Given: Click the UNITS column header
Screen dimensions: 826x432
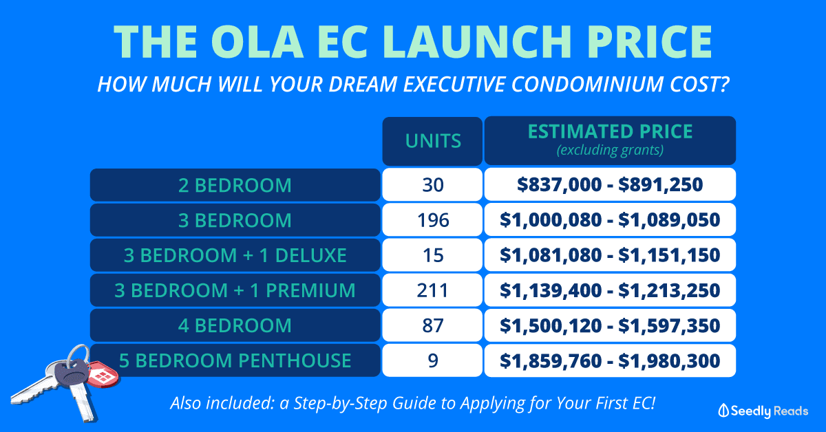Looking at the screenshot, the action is [x=432, y=141].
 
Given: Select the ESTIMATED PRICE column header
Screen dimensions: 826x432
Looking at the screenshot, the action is [x=610, y=131].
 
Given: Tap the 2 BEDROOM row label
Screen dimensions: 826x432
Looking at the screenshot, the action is [x=235, y=185].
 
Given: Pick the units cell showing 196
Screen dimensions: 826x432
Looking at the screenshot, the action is [x=432, y=220].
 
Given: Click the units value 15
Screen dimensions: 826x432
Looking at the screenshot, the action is [x=432, y=255].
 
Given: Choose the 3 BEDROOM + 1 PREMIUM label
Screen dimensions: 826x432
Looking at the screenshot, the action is [x=235, y=290].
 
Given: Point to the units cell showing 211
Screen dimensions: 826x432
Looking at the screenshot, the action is [x=432, y=290].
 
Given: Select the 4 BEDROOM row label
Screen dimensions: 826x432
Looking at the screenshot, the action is [x=235, y=325].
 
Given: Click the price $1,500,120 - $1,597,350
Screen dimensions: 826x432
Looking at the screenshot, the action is [x=610, y=325].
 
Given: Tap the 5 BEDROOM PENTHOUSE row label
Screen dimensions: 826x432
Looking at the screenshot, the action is [x=235, y=360].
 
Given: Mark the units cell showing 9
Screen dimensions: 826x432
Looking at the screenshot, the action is [x=432, y=360].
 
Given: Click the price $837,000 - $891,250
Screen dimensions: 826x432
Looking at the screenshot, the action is [x=610, y=184].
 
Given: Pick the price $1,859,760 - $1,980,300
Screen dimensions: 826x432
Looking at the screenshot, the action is [x=610, y=360].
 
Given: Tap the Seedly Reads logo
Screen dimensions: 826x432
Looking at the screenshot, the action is [x=763, y=411].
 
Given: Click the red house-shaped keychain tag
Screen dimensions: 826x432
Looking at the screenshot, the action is [x=102, y=374].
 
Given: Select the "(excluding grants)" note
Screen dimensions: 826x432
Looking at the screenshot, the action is [x=610, y=151].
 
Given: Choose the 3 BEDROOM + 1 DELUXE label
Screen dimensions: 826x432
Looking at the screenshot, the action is [x=235, y=255].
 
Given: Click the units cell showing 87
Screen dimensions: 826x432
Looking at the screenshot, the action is [x=432, y=325].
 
